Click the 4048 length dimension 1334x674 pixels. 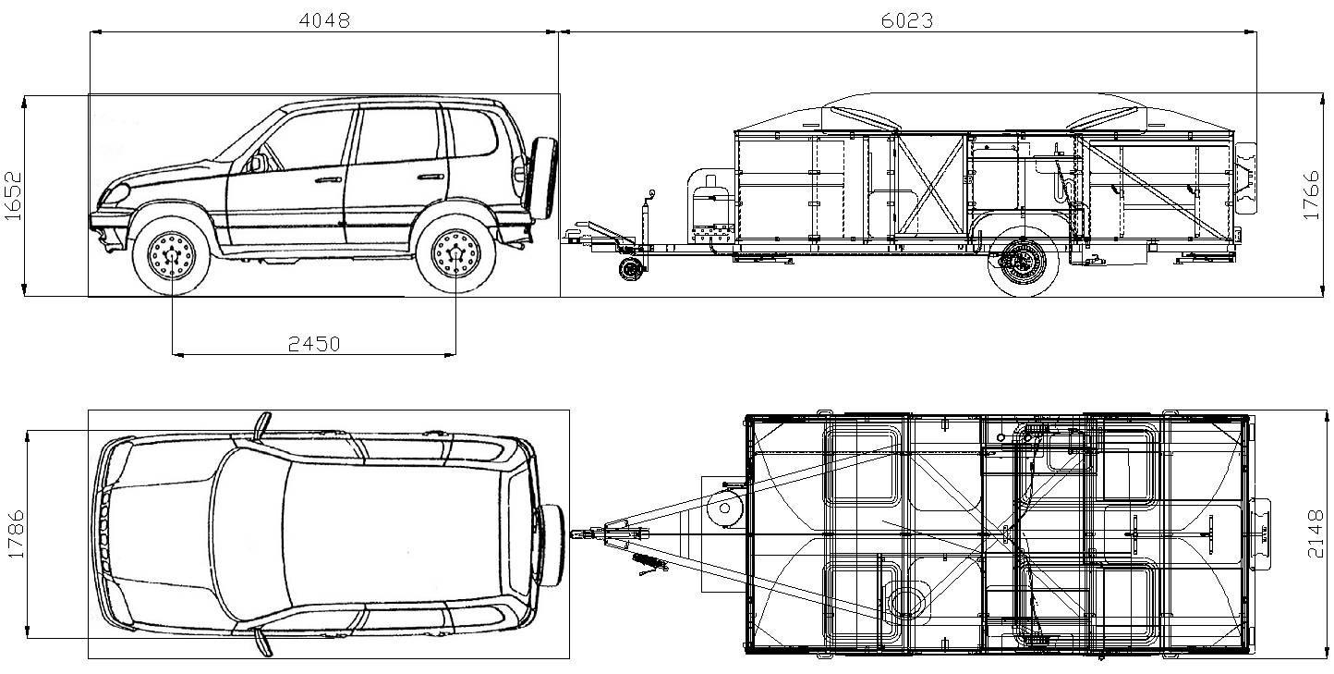click(x=324, y=21)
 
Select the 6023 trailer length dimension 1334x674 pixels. click(x=907, y=21)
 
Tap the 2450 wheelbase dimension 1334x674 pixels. click(x=314, y=344)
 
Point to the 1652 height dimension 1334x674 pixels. click(x=13, y=196)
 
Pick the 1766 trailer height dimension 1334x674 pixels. click(x=1312, y=195)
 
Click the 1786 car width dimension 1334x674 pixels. click(x=16, y=534)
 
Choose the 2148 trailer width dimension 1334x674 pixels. click(x=1316, y=534)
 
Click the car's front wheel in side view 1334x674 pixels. click(x=172, y=256)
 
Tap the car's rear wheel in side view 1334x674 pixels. click(x=455, y=254)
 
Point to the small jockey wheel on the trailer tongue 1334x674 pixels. click(x=629, y=269)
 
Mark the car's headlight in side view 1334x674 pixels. click(x=116, y=193)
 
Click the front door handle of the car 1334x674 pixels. click(x=328, y=179)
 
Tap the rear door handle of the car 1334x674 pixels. click(x=431, y=177)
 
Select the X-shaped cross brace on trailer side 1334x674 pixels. click(x=930, y=184)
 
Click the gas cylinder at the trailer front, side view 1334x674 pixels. click(x=711, y=206)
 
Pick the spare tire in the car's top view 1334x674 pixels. click(x=551, y=545)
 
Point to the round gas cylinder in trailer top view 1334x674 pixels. click(x=724, y=509)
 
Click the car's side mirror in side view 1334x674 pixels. click(x=256, y=164)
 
